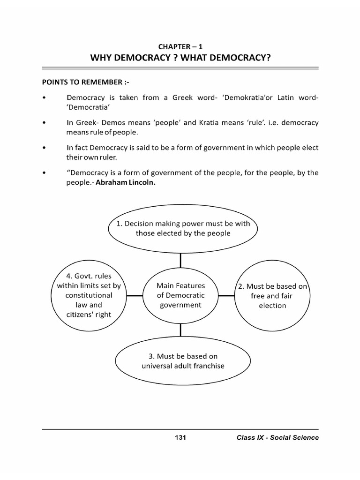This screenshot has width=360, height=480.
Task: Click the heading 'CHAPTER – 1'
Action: [180, 46]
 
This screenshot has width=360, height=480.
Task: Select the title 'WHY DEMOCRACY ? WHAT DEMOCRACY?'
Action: [180, 58]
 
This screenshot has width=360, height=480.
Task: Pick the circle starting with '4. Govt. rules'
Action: [89, 295]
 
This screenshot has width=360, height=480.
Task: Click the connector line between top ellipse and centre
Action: [180, 260]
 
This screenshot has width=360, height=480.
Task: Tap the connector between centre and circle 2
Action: [226, 296]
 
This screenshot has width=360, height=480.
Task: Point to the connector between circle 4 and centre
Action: [135, 296]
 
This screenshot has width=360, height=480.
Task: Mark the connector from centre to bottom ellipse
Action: [180, 330]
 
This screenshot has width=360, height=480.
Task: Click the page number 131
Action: [180, 438]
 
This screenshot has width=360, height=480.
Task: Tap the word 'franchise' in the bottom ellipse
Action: [208, 366]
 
